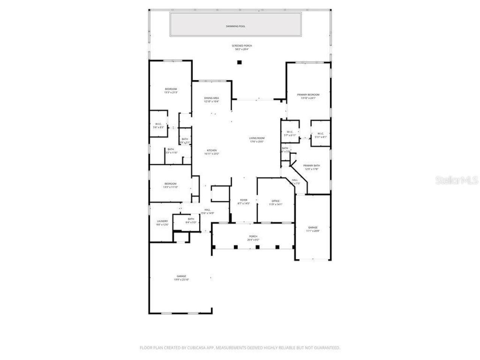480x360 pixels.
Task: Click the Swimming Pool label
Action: coord(235,26)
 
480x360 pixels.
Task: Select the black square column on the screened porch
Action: coord(239,62)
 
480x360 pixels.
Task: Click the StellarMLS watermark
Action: coord(456,180)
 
